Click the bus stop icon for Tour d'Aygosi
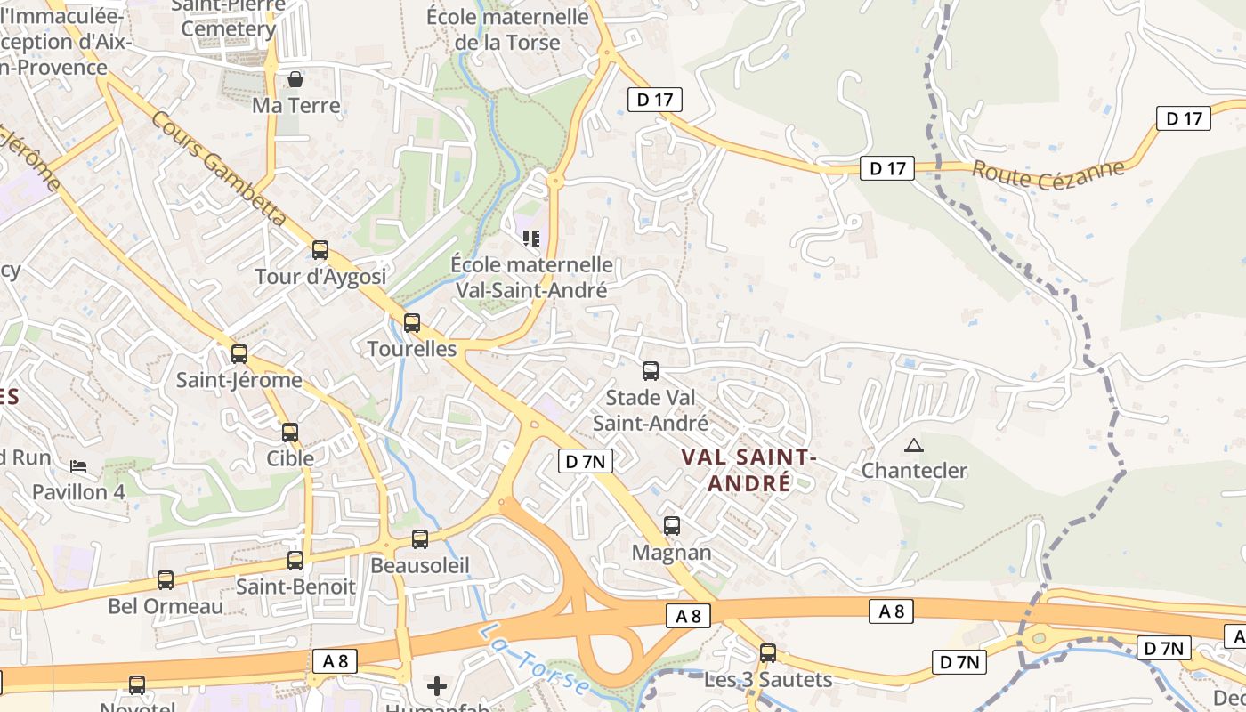pos(320,250)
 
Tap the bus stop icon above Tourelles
pos(412,323)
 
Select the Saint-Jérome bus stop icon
pos(239,354)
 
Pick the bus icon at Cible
pos(290,433)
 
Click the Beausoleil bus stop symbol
pos(420,539)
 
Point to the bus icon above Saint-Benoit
pos(295,561)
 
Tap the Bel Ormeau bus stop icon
pos(166,580)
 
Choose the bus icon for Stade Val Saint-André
pos(651,371)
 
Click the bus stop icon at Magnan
pos(672,526)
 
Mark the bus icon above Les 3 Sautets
pos(768,653)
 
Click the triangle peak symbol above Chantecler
pos(914,445)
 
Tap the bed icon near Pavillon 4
pos(78,466)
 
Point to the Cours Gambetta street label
pos(219,170)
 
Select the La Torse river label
pos(535,660)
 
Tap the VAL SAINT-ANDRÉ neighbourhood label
pos(748,470)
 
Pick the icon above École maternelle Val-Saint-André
pos(531,239)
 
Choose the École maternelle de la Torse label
pos(507,29)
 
